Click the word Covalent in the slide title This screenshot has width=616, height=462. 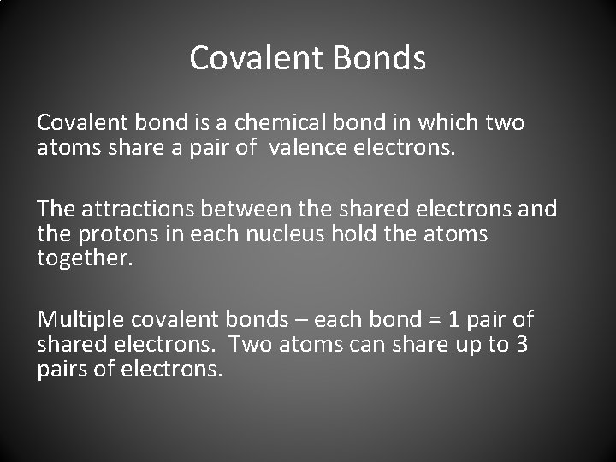(254, 58)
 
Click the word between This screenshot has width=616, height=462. (250, 209)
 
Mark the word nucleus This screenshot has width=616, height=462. (262, 234)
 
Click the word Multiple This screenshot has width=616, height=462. (81, 320)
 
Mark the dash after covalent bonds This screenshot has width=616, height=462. (301, 321)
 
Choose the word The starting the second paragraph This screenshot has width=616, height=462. (56, 209)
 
